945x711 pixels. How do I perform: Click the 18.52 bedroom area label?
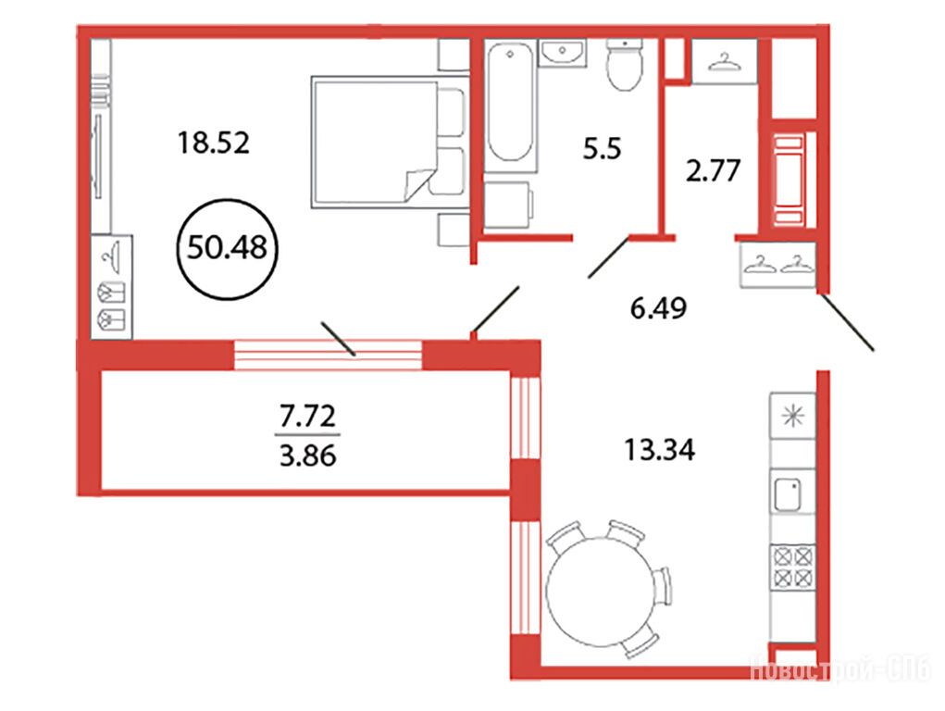click(214, 143)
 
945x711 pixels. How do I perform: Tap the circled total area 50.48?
click(227, 246)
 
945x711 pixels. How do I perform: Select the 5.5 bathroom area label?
click(602, 148)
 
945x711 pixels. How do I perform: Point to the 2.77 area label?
click(713, 170)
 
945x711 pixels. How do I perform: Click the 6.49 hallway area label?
click(658, 309)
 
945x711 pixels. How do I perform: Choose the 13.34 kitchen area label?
click(659, 450)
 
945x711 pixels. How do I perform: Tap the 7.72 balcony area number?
click(307, 416)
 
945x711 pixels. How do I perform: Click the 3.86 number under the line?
click(307, 455)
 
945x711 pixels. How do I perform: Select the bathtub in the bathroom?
click(511, 105)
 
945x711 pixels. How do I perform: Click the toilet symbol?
click(625, 65)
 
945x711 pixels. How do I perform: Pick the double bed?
click(390, 143)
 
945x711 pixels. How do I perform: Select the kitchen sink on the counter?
click(788, 494)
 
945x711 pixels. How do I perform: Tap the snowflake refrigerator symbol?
click(792, 416)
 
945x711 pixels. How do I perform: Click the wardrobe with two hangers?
click(777, 265)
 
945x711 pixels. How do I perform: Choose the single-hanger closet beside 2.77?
click(724, 61)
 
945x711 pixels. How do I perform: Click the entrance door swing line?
click(847, 321)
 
